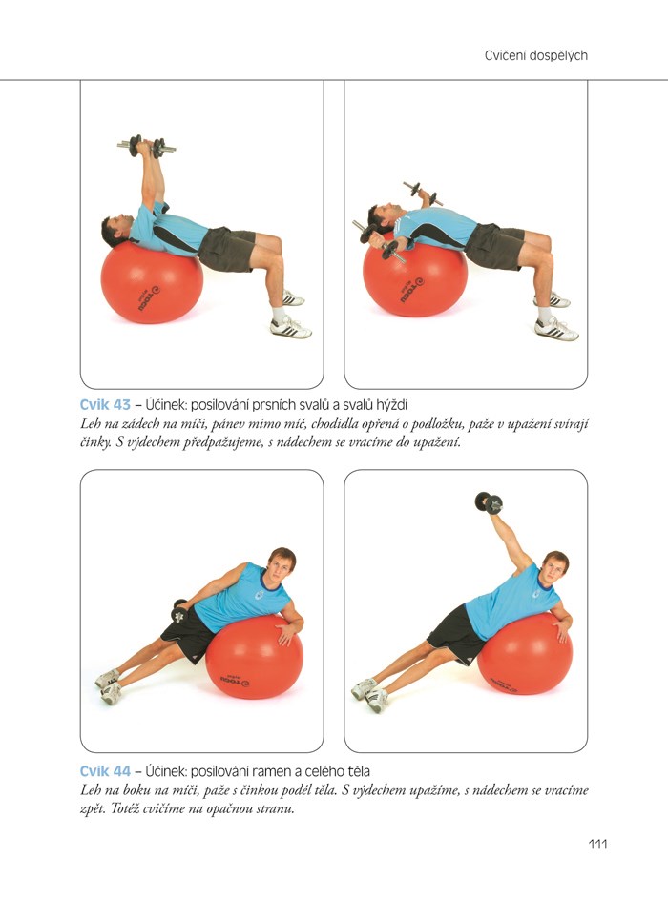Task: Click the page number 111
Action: tap(597, 844)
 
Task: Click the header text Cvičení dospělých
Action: tap(536, 55)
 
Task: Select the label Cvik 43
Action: tap(105, 405)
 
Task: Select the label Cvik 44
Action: tap(105, 771)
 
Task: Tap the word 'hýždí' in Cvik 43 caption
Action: tap(391, 405)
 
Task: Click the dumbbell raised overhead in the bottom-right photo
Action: tap(489, 502)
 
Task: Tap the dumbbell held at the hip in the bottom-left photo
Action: tap(179, 611)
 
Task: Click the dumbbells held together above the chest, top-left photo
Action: tap(146, 147)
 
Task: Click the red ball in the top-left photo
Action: tap(152, 282)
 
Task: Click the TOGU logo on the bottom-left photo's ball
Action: tap(235, 680)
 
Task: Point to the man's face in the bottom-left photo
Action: tap(280, 569)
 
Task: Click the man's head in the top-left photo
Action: tap(116, 229)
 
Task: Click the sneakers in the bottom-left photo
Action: tap(109, 685)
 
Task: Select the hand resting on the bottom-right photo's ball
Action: tap(561, 628)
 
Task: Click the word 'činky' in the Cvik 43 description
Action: tap(94, 443)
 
